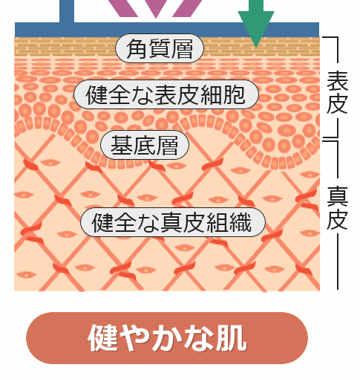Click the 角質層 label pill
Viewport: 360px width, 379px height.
pyautogui.click(x=160, y=48)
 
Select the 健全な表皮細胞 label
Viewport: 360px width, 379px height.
pyautogui.click(x=166, y=94)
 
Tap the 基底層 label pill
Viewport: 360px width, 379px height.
pyautogui.click(x=145, y=145)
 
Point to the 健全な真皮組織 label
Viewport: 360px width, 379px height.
pyautogui.click(x=173, y=222)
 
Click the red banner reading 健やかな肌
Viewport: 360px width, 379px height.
pyautogui.click(x=167, y=338)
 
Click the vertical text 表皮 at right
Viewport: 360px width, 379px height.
pyautogui.click(x=338, y=92)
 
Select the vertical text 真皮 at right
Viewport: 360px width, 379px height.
pyautogui.click(x=338, y=207)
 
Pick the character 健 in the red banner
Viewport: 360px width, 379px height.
pyautogui.click(x=102, y=338)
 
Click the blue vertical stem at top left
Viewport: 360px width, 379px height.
pyautogui.click(x=67, y=11)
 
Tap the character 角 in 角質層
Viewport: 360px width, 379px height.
pyautogui.click(x=136, y=49)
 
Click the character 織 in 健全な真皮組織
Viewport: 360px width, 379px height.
pyautogui.click(x=240, y=222)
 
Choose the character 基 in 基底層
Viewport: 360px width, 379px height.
pyautogui.click(x=121, y=145)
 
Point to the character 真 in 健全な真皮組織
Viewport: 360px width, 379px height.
pyautogui.click(x=171, y=222)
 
